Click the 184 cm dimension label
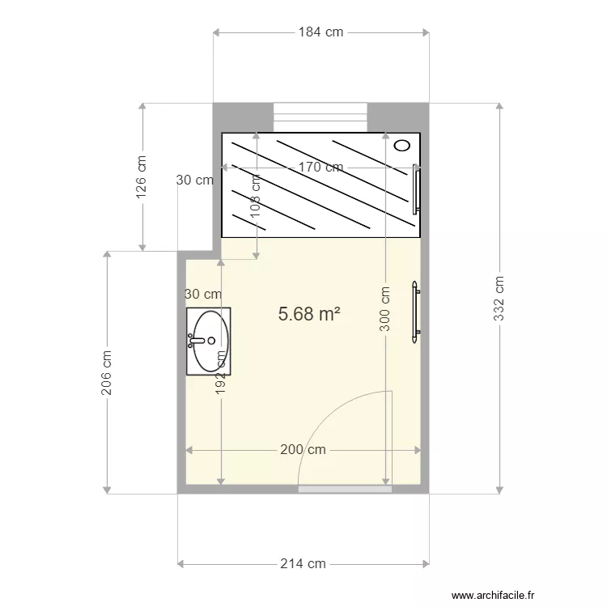(x=320, y=32)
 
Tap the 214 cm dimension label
(x=303, y=563)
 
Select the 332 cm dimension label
(x=499, y=298)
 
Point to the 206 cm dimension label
(x=106, y=372)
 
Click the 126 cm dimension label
(x=142, y=177)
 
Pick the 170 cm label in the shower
(x=320, y=167)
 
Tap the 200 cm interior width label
(x=303, y=449)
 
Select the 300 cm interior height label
(x=384, y=308)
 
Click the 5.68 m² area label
(x=309, y=313)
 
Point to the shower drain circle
(x=402, y=146)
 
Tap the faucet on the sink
(x=197, y=341)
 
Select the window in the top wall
(x=320, y=117)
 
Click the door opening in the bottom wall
(x=345, y=490)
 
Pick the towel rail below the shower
(x=415, y=312)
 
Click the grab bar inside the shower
(x=416, y=189)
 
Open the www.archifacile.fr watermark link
(x=493, y=595)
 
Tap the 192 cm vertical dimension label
(x=220, y=372)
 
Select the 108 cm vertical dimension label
(x=255, y=196)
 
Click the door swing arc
(x=325, y=418)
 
